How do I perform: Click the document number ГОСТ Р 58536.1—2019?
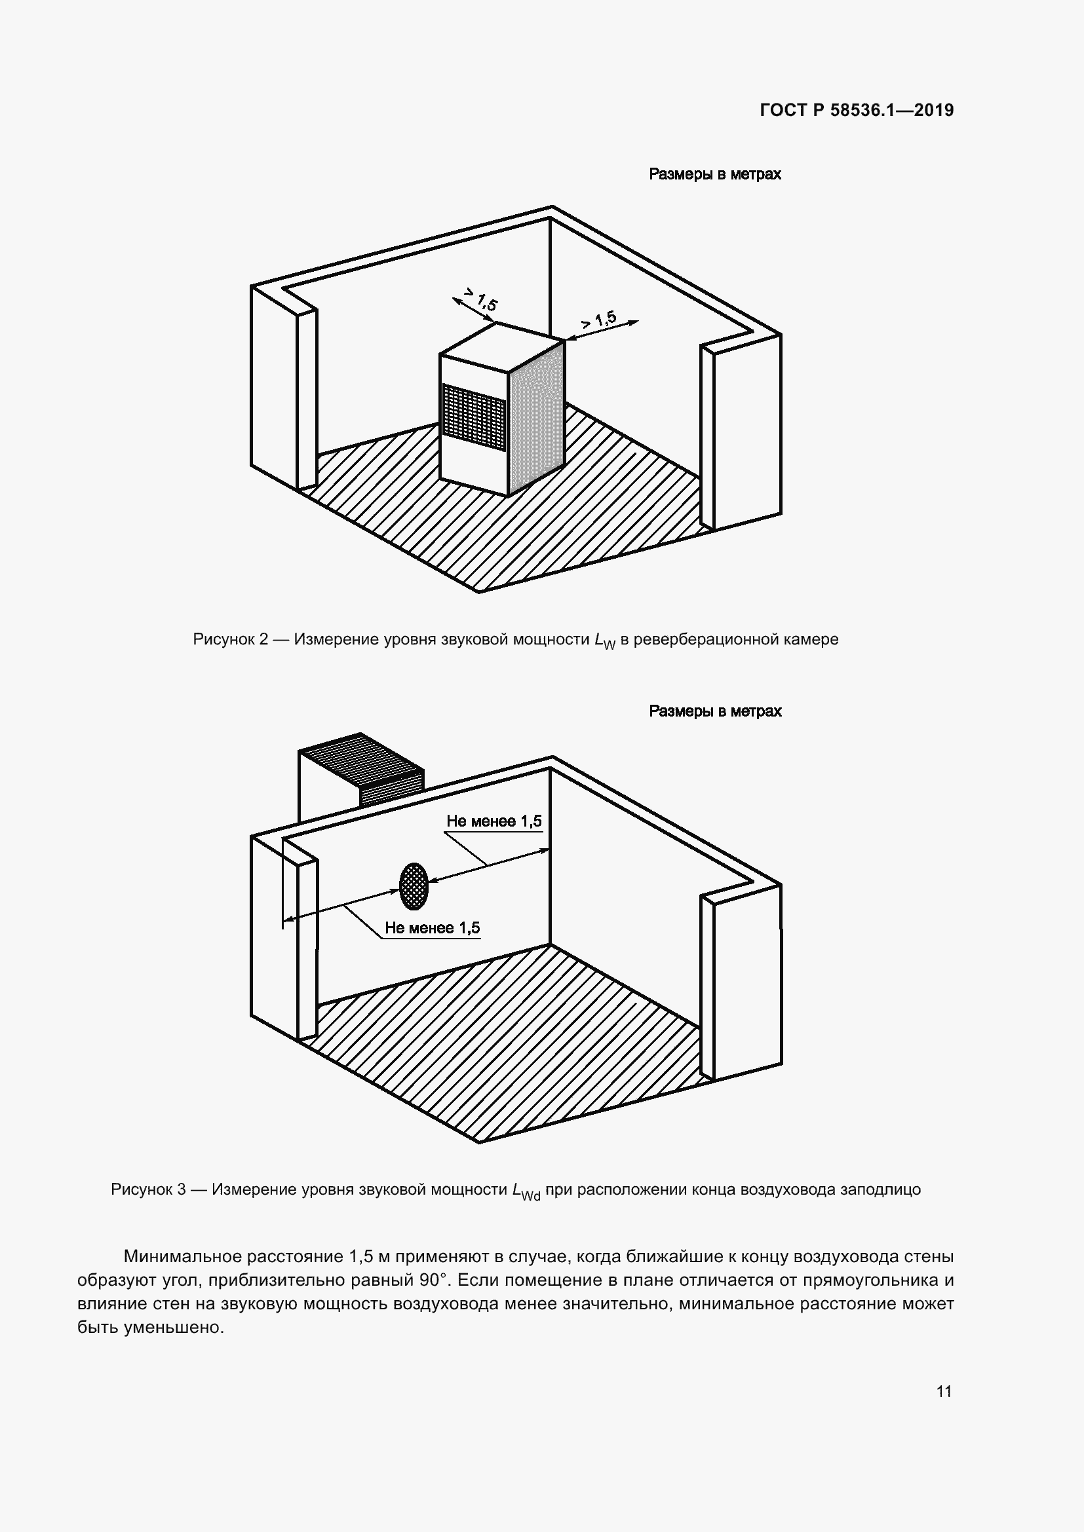pos(857,110)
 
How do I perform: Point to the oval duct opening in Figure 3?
pos(414,886)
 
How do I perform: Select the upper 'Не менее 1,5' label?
pos(494,821)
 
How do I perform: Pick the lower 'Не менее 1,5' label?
pos(432,928)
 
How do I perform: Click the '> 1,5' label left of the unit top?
pos(480,299)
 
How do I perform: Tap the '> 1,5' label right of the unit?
pos(599,320)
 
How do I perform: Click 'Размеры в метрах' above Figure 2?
pos(715,174)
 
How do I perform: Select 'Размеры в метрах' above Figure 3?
pos(715,711)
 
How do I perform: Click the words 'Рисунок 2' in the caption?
pos(229,639)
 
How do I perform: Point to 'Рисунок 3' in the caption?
pos(148,1189)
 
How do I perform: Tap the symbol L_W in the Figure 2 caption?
pos(605,641)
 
